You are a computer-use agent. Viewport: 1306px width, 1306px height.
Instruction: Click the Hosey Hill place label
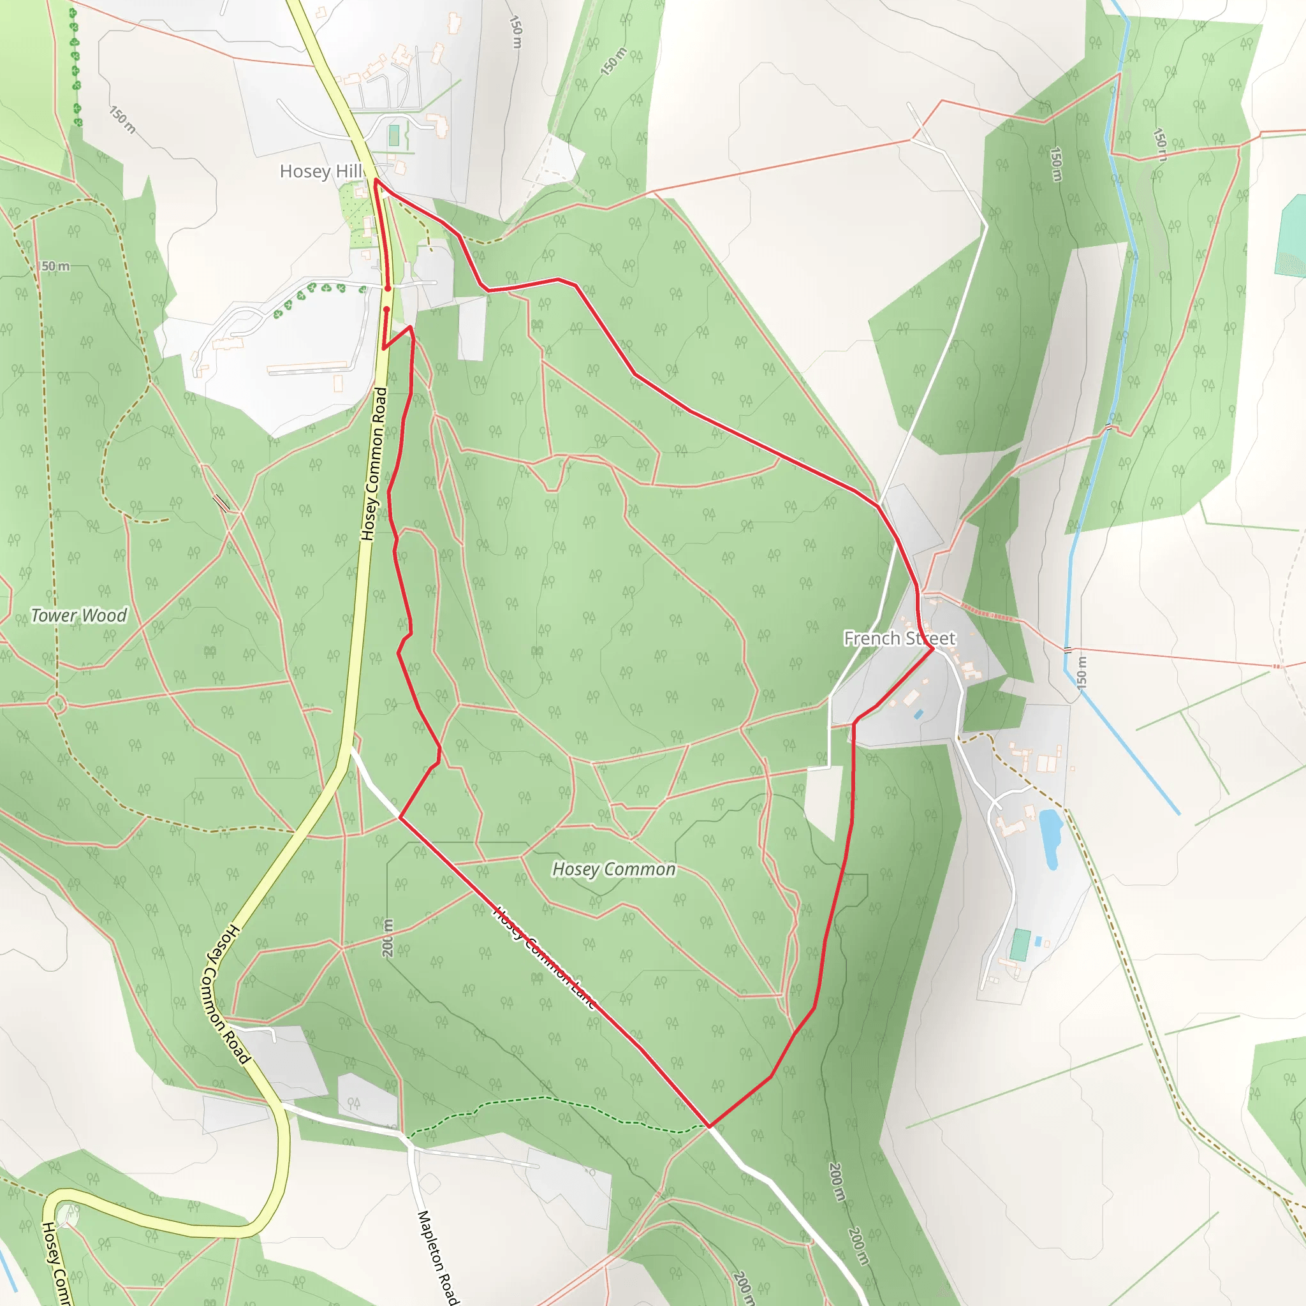[321, 172]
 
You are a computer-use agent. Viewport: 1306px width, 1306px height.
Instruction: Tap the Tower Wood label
[79, 615]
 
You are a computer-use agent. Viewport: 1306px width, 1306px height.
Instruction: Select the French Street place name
[899, 638]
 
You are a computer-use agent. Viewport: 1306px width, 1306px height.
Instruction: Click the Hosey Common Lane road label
[545, 958]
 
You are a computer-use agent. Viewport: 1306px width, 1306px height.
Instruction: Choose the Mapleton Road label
[438, 1256]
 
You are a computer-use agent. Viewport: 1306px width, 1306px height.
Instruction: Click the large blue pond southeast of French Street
[1050, 838]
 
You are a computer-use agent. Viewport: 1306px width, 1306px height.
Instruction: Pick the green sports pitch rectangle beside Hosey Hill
[394, 135]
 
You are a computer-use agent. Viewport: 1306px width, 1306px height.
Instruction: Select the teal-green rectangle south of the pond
[1020, 945]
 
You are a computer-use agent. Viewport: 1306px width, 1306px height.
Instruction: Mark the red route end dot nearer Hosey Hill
[388, 289]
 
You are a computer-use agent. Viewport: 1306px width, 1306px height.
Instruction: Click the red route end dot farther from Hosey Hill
[386, 309]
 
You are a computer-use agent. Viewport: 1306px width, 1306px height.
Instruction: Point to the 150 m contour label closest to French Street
[1082, 672]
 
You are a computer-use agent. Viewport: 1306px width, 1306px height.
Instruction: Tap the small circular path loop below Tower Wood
[57, 705]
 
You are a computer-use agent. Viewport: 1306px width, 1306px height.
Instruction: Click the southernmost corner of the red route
[709, 1126]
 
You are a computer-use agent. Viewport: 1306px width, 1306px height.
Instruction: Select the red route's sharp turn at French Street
[934, 649]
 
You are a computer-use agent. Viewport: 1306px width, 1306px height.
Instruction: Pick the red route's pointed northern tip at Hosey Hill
[375, 180]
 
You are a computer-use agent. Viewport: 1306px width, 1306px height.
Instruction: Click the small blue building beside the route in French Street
[918, 714]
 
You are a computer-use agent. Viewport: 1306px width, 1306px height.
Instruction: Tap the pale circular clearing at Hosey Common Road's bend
[68, 1216]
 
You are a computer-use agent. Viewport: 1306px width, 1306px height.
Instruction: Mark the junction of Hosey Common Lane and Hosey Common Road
[349, 747]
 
